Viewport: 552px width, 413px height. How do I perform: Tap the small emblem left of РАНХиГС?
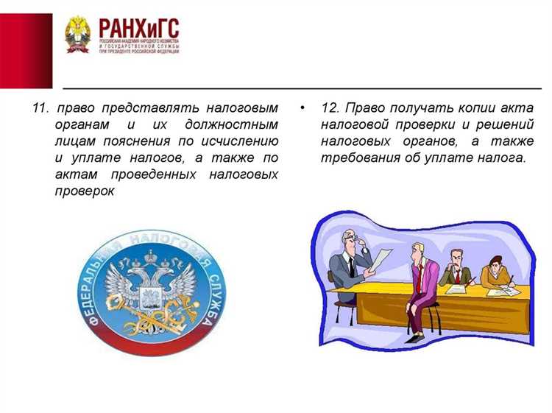77,35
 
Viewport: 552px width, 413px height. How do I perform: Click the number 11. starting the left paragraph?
40,108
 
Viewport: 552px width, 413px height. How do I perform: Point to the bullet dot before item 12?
302,108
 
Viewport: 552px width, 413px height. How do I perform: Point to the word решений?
507,125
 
